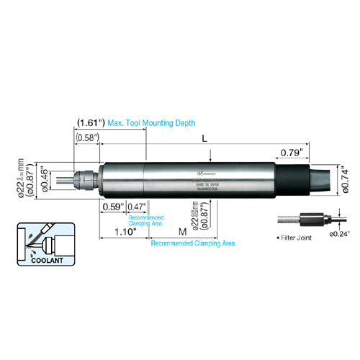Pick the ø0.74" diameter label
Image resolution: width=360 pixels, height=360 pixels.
(x=347, y=178)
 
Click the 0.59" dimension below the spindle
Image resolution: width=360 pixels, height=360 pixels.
(x=113, y=207)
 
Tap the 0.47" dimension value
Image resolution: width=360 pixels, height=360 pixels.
(x=137, y=207)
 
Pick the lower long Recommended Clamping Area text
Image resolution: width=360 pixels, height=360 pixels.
(x=192, y=244)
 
